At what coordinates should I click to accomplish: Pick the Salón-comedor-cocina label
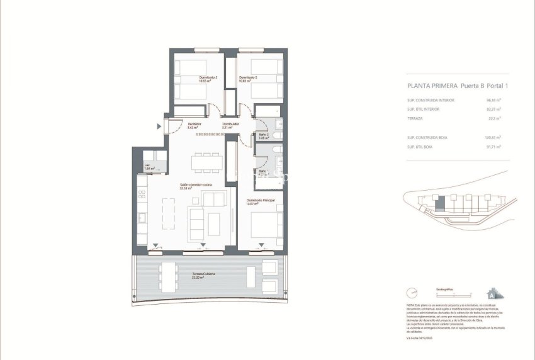(x=195, y=186)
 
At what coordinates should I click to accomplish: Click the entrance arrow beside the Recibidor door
(x=159, y=126)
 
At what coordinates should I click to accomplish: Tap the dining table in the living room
(x=208, y=162)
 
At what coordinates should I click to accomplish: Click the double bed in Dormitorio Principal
(x=267, y=225)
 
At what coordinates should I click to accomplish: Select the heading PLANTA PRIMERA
(x=432, y=88)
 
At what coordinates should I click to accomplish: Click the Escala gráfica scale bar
(x=453, y=295)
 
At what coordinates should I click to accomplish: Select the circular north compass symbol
(x=412, y=293)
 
